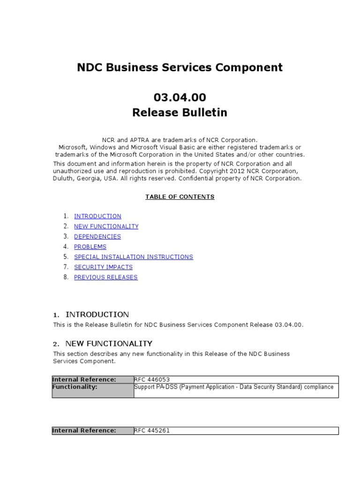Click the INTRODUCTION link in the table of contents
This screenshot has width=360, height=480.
click(97, 216)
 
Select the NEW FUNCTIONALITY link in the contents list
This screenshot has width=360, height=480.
click(106, 226)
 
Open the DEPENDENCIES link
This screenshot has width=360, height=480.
click(97, 237)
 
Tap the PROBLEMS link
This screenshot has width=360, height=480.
click(90, 247)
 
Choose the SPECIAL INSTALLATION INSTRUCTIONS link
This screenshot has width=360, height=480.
click(134, 257)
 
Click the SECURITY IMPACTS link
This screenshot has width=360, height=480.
click(103, 267)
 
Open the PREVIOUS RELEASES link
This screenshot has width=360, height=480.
click(106, 277)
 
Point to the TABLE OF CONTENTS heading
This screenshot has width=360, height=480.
click(180, 197)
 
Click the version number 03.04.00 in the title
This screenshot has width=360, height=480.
click(180, 97)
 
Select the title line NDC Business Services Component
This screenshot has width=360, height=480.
click(180, 67)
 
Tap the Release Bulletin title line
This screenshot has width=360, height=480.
click(180, 112)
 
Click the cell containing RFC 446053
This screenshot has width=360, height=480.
click(236, 379)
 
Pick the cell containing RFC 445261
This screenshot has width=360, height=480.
click(236, 430)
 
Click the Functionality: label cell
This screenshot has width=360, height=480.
click(93, 390)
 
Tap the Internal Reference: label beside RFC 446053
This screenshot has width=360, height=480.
click(93, 379)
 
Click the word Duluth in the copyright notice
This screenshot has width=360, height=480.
click(63, 178)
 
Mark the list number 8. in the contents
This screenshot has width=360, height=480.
click(66, 277)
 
